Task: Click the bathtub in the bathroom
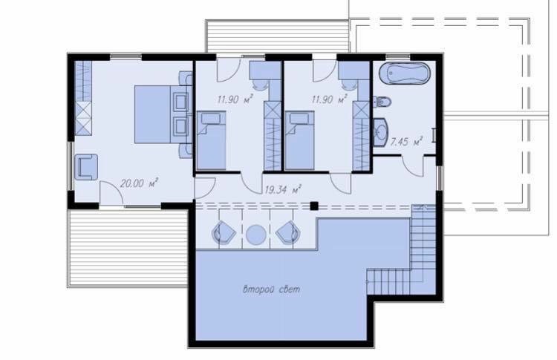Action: coord(404,73)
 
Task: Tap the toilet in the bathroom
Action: coord(382,102)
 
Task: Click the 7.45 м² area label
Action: coord(406,142)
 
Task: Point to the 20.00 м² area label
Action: coord(139,183)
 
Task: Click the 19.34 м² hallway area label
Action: coord(283,189)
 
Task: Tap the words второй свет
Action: coord(271,289)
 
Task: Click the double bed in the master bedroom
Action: coord(163,114)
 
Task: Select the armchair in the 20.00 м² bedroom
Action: coord(86,167)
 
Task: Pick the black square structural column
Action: coord(313,206)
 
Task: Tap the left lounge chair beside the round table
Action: coord(224,232)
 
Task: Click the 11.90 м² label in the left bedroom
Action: coord(235,99)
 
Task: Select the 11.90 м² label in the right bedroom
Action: coord(329,99)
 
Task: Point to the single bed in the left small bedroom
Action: coord(212,140)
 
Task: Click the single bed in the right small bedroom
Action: coord(299,140)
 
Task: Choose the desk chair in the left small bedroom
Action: coord(261,84)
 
